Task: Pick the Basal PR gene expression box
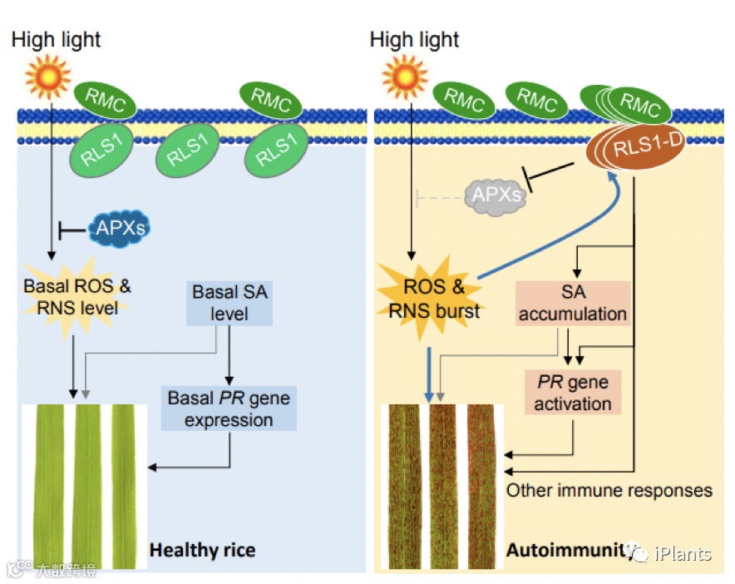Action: click(x=229, y=408)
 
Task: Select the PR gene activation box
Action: click(x=572, y=393)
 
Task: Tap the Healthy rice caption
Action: click(x=202, y=550)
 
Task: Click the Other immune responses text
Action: click(x=609, y=490)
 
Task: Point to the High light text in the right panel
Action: click(x=414, y=39)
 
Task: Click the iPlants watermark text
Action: click(x=683, y=554)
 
